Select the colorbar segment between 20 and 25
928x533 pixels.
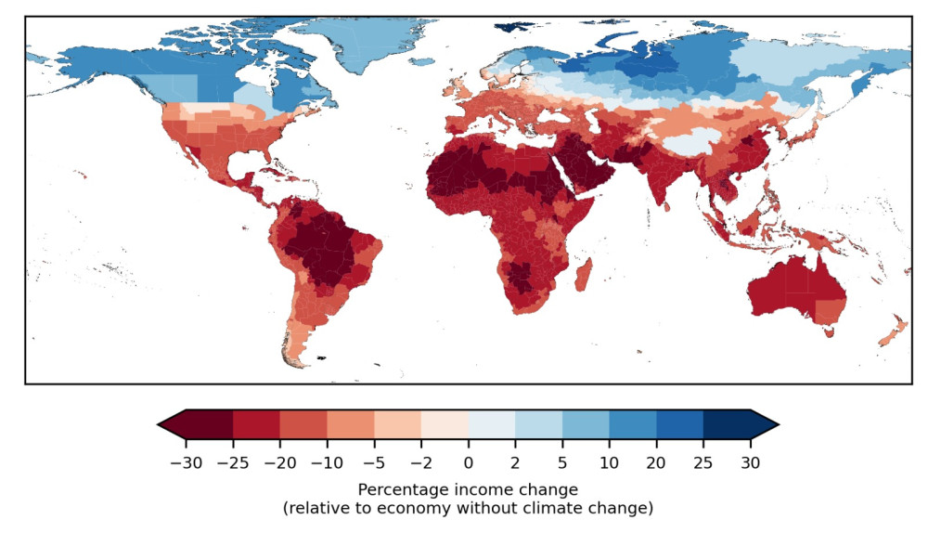pyautogui.click(x=679, y=424)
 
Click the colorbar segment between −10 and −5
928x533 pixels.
pyautogui.click(x=351, y=424)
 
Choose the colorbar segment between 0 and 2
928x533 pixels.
pyautogui.click(x=492, y=424)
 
